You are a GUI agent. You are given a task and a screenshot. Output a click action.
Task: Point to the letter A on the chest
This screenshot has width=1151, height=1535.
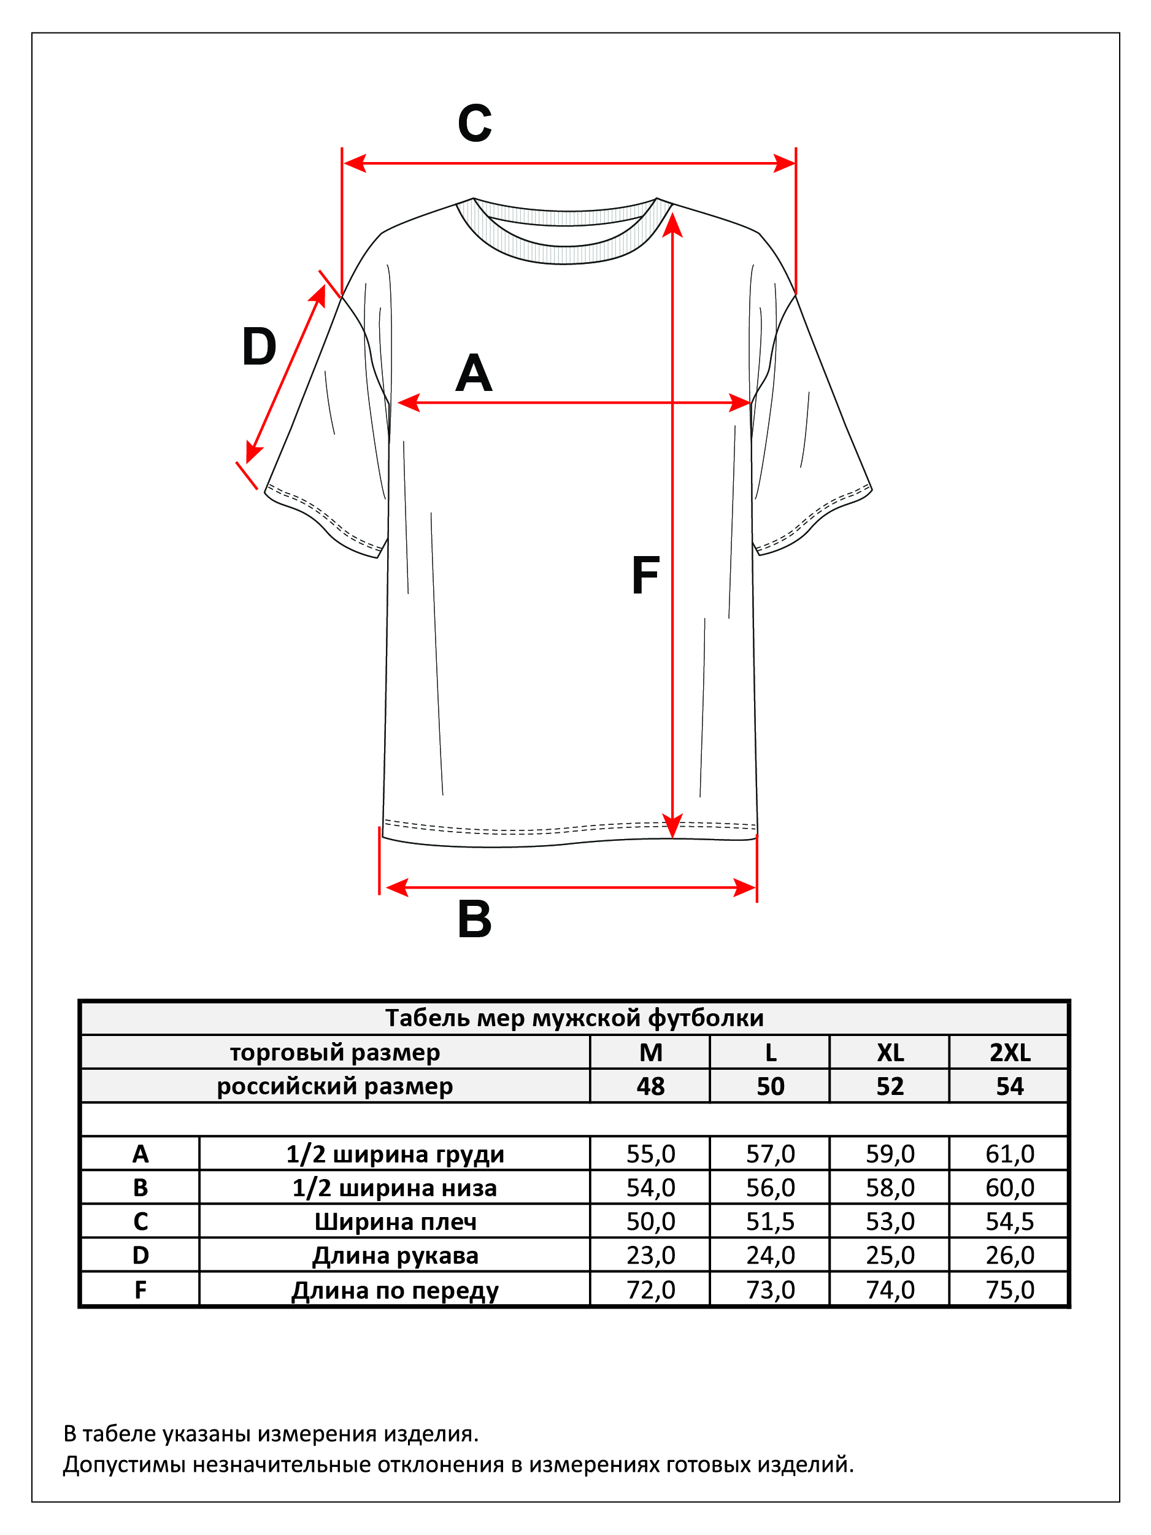pos(474,373)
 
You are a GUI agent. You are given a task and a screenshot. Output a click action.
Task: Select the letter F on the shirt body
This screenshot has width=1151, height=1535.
pos(645,576)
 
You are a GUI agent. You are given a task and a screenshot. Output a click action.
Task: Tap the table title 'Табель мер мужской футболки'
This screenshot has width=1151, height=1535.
pos(574,1018)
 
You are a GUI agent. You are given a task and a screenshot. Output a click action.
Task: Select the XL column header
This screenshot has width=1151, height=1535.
pos(890,1053)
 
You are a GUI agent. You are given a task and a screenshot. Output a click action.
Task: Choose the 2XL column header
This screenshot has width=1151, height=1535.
pos(1010,1053)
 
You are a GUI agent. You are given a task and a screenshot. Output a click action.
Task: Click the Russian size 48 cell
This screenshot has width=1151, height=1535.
pos(651,1086)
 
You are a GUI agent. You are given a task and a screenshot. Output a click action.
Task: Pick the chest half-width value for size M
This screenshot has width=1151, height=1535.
pos(651,1154)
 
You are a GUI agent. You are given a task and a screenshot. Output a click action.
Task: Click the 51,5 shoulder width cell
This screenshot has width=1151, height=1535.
pos(770,1221)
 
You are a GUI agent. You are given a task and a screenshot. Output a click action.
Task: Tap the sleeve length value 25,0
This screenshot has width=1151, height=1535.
pos(890,1255)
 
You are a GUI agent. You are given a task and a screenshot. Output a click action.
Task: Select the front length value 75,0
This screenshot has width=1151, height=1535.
pos(1010,1290)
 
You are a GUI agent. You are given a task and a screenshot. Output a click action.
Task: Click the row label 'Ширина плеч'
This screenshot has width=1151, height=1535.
pos(396,1222)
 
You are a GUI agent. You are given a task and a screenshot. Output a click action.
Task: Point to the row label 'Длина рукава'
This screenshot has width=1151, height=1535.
pos(396,1256)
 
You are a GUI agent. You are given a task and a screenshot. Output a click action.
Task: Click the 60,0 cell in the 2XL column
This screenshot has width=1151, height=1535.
pos(1010,1188)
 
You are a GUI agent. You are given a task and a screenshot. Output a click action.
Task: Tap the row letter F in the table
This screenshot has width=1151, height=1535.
pos(140,1290)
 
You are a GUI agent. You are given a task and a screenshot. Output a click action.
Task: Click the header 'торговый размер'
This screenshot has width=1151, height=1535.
pos(335,1053)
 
